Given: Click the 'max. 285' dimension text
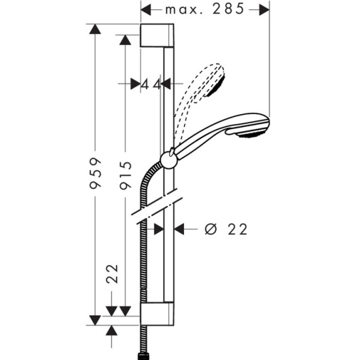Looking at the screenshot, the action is click(x=205, y=10).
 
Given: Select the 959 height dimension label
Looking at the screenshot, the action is click(x=95, y=173).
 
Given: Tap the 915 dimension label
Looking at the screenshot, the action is click(x=126, y=175).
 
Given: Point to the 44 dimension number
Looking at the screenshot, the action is click(x=151, y=84).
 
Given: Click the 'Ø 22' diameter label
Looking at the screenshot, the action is click(x=226, y=229).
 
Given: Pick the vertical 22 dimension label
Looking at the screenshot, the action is click(x=112, y=274).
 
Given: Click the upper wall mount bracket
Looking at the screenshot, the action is click(x=157, y=35).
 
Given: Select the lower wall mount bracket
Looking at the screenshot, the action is click(x=157, y=314).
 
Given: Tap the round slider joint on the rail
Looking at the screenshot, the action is click(x=169, y=160).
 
